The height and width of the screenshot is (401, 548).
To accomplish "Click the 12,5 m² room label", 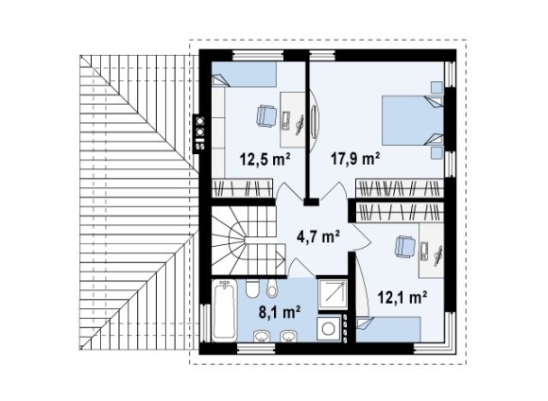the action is [265, 160].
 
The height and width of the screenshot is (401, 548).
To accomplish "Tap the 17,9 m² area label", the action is [355, 160].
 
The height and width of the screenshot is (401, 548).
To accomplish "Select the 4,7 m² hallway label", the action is [318, 236].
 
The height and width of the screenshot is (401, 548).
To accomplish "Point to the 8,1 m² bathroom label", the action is [280, 311].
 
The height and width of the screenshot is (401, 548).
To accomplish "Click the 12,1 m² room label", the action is [402, 298].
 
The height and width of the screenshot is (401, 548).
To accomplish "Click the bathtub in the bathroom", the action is [225, 310].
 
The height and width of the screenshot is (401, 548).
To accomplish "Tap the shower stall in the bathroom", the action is [333, 294].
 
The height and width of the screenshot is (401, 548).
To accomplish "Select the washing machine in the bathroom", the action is [329, 328].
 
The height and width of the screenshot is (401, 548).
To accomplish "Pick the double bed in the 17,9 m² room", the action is [413, 120].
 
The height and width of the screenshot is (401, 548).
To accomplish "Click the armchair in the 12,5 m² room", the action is [266, 115].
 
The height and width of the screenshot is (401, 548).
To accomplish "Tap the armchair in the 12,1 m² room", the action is [404, 247].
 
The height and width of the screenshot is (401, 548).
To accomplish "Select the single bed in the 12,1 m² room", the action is [388, 329].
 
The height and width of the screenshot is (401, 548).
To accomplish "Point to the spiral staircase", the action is [248, 241].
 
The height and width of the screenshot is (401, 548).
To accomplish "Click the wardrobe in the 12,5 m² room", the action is [243, 188].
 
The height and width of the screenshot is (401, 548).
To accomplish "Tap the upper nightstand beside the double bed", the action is [437, 87].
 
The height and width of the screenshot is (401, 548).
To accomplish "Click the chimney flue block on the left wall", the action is [199, 132].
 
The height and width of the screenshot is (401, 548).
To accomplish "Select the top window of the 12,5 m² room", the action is [258, 55].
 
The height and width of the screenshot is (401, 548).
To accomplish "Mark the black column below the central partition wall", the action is [311, 201].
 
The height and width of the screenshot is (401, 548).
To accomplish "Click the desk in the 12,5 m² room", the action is [293, 120].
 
